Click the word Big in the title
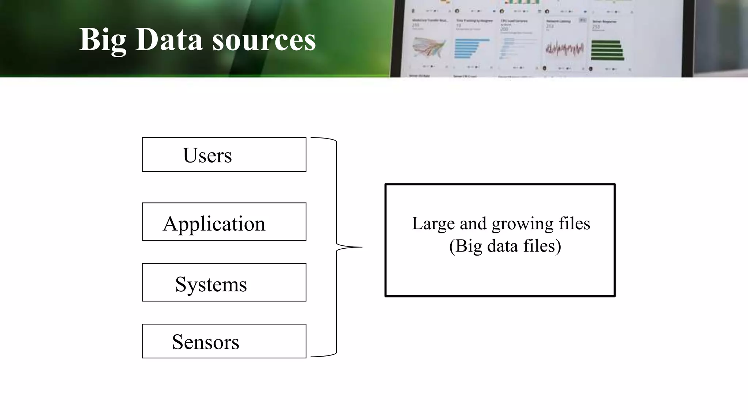click(x=103, y=39)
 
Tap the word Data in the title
click(x=169, y=39)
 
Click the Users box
click(x=224, y=155)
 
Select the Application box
click(x=224, y=222)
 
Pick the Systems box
click(x=224, y=283)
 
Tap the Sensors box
click(x=224, y=341)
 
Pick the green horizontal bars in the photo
click(x=607, y=50)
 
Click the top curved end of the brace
click(x=323, y=138)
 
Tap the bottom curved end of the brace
click(x=323, y=355)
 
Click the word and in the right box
click(x=473, y=224)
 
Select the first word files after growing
click(x=574, y=224)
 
